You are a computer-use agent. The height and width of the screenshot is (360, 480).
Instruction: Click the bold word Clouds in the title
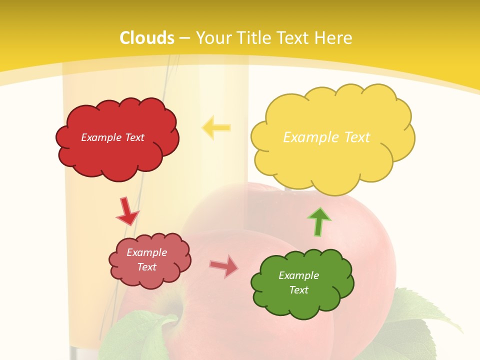coord(147,38)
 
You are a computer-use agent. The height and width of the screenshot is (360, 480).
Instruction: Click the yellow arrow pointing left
coord(216,127)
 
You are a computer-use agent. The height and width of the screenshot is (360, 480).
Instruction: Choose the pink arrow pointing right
coord(224,266)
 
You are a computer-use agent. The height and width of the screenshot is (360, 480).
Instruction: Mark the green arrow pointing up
coord(319,221)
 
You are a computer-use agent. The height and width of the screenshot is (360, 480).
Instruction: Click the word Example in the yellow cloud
coord(309,137)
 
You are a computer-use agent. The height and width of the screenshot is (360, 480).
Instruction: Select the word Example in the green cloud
coord(298,275)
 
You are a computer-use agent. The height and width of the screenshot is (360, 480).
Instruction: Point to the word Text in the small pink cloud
coord(147,267)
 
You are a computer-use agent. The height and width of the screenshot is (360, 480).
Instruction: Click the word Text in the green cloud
coord(298,290)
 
